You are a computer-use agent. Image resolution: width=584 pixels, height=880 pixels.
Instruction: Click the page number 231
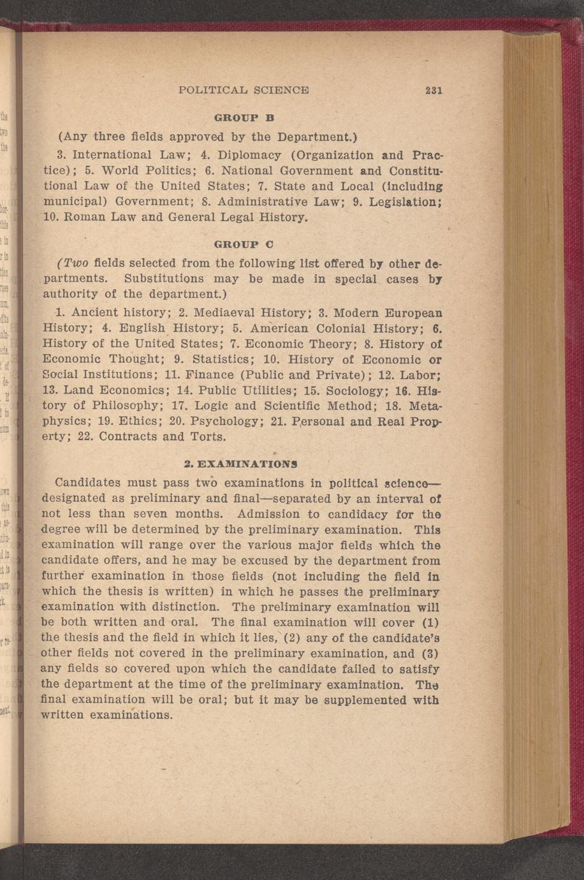434,91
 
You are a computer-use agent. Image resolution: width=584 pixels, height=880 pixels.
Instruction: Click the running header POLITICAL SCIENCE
244,91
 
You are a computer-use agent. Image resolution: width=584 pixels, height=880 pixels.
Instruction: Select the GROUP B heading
235,118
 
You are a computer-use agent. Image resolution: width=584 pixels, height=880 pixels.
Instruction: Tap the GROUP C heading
235,244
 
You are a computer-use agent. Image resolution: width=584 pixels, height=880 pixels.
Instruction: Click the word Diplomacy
249,155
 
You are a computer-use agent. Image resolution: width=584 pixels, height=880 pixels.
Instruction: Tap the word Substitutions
164,279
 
